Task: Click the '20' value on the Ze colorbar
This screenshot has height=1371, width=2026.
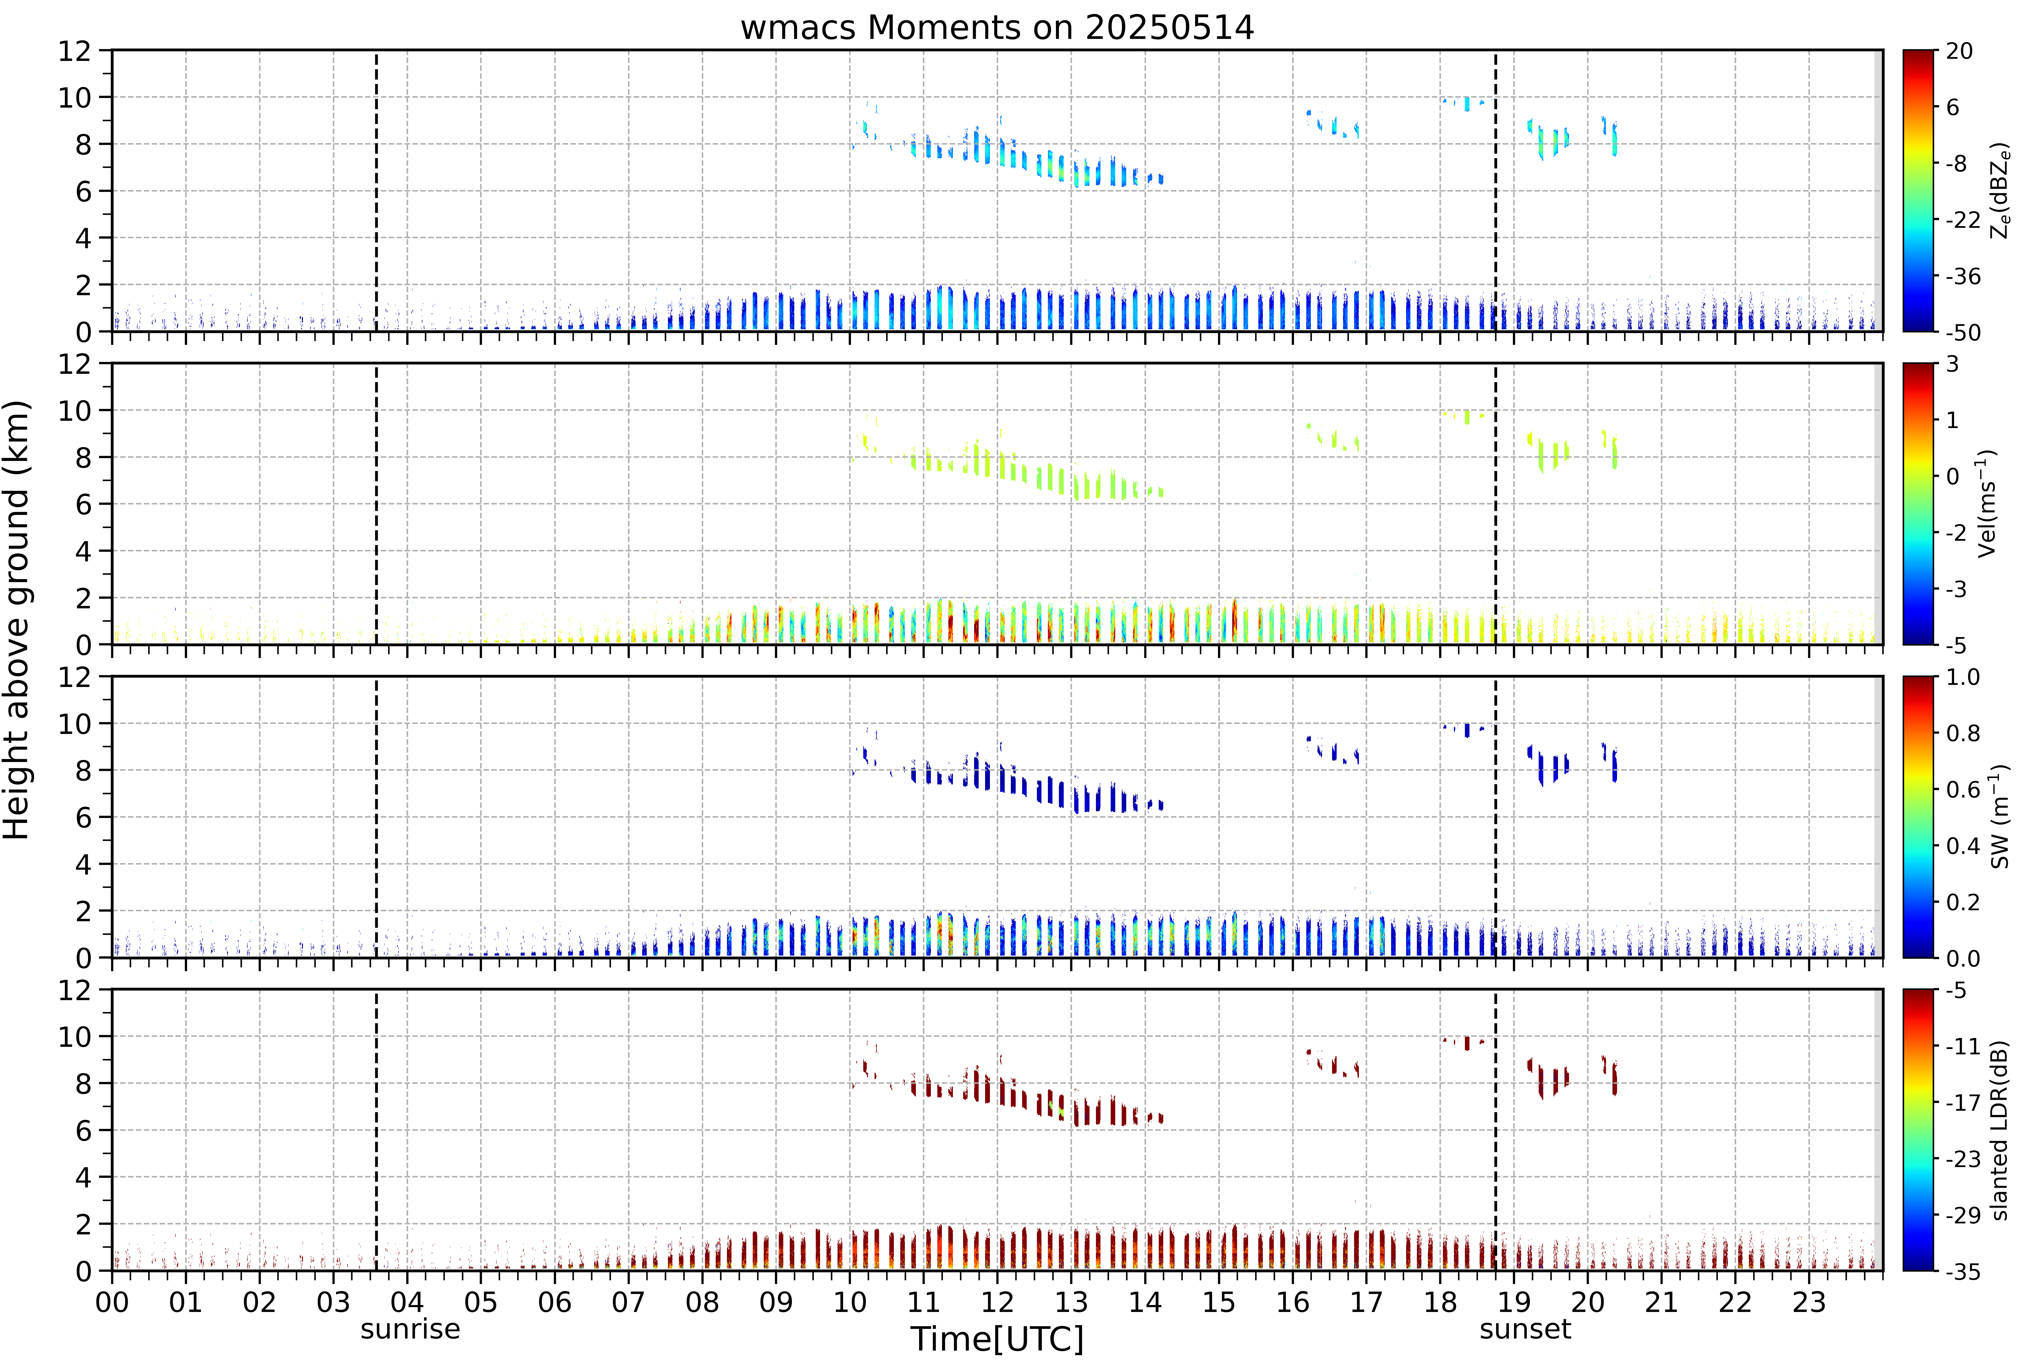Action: click(x=1959, y=52)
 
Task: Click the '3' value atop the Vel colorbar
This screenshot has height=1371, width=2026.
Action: click(x=1953, y=364)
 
